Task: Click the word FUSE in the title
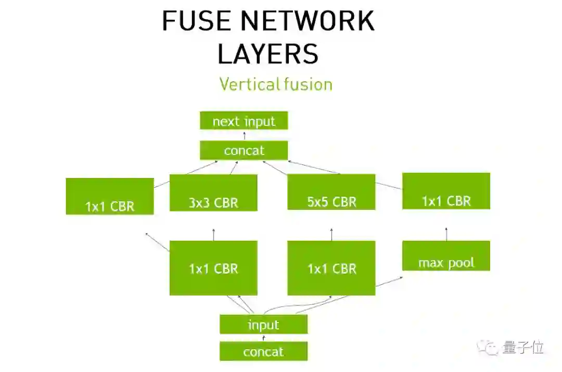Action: (196, 21)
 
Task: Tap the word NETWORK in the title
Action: (307, 21)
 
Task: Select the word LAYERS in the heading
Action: (268, 54)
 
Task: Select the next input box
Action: (244, 121)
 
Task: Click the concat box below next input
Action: (244, 150)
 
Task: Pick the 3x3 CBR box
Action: (213, 193)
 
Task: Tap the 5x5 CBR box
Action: (331, 191)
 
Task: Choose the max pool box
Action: (446, 255)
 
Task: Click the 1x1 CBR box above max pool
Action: (446, 191)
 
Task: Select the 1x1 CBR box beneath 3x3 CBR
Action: (213, 268)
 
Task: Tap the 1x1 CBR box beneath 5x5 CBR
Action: (331, 268)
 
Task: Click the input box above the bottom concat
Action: (263, 324)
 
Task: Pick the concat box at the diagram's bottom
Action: (263, 351)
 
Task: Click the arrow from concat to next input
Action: (244, 136)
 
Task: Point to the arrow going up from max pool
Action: (446, 234)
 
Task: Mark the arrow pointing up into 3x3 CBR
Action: (213, 234)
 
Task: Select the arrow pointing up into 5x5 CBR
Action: (331, 234)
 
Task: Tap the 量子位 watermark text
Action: (523, 347)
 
